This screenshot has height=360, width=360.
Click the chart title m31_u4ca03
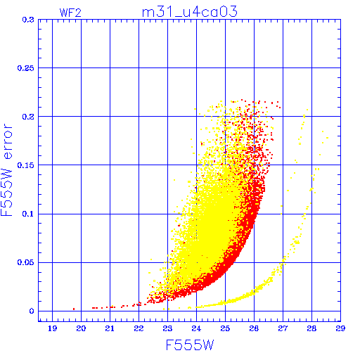tap(190, 12)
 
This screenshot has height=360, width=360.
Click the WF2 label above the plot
tap(70, 13)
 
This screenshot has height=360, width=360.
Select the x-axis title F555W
tap(190, 345)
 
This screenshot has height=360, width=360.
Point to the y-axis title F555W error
tap(6, 169)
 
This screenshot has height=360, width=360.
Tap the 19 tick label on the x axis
tap(52, 328)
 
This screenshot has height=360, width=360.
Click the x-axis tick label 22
tap(139, 328)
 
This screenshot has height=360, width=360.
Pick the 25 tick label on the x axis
tap(225, 328)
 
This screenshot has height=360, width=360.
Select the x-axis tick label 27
tap(283, 328)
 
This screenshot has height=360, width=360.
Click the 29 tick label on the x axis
tap(340, 328)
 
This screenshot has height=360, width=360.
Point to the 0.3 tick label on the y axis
tap(28, 20)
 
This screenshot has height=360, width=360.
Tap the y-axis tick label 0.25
tap(26, 68)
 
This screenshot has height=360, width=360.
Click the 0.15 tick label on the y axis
tap(26, 165)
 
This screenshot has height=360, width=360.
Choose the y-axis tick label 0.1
tap(28, 214)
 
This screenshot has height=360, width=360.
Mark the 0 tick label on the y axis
tap(32, 311)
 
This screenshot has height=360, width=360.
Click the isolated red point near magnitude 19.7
tap(74, 309)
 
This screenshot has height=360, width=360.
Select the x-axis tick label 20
tap(81, 328)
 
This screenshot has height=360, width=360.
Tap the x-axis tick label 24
tap(196, 328)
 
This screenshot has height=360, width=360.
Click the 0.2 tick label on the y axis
tap(28, 117)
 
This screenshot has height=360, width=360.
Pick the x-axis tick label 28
tap(311, 328)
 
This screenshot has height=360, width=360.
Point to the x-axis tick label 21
tap(110, 328)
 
